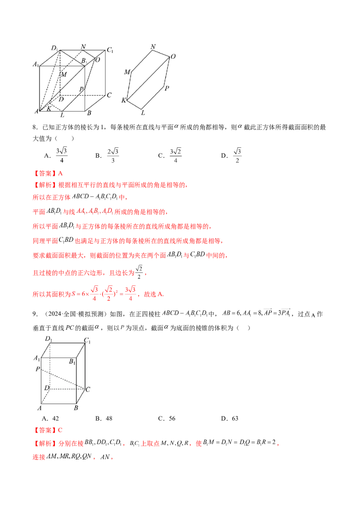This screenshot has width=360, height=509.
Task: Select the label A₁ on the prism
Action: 37,358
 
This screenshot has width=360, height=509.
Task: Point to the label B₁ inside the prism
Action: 72,361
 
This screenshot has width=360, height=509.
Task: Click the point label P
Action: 38,369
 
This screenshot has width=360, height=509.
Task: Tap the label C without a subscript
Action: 88,389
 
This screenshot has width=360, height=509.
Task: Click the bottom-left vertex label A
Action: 40,408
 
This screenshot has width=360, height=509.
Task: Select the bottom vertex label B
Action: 76,408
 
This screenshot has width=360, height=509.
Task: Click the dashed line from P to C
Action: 63,378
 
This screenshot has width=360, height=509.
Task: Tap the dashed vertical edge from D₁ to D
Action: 49,366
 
